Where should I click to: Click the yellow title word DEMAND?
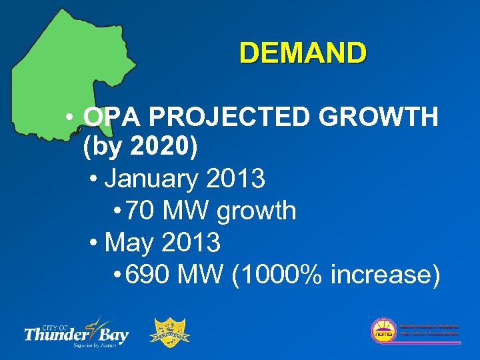coord(303,53)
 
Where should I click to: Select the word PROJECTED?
coord(230,117)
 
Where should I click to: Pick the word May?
coord(129,243)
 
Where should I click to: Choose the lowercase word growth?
coord(256,211)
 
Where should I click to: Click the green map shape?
coord(73,73)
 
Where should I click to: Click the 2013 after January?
coord(236,179)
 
